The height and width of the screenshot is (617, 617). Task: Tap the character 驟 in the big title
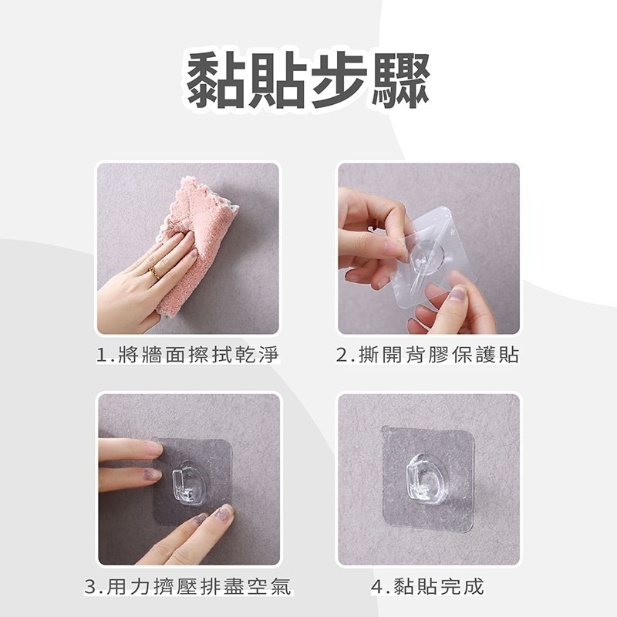tap(400, 81)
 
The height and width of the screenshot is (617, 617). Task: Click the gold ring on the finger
tap(153, 272)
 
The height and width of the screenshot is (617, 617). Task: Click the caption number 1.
tap(101, 356)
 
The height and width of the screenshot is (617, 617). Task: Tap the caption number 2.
tap(342, 356)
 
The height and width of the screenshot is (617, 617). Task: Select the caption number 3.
tap(90, 586)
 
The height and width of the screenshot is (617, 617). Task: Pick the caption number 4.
tap(376, 586)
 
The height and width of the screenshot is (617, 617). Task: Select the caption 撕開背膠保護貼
tap(438, 356)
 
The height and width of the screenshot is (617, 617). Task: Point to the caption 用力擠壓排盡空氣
tap(199, 586)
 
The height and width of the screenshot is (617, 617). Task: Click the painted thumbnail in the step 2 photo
tap(457, 293)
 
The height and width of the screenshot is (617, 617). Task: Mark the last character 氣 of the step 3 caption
tap(281, 586)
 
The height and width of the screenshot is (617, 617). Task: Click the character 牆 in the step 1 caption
tap(151, 356)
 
